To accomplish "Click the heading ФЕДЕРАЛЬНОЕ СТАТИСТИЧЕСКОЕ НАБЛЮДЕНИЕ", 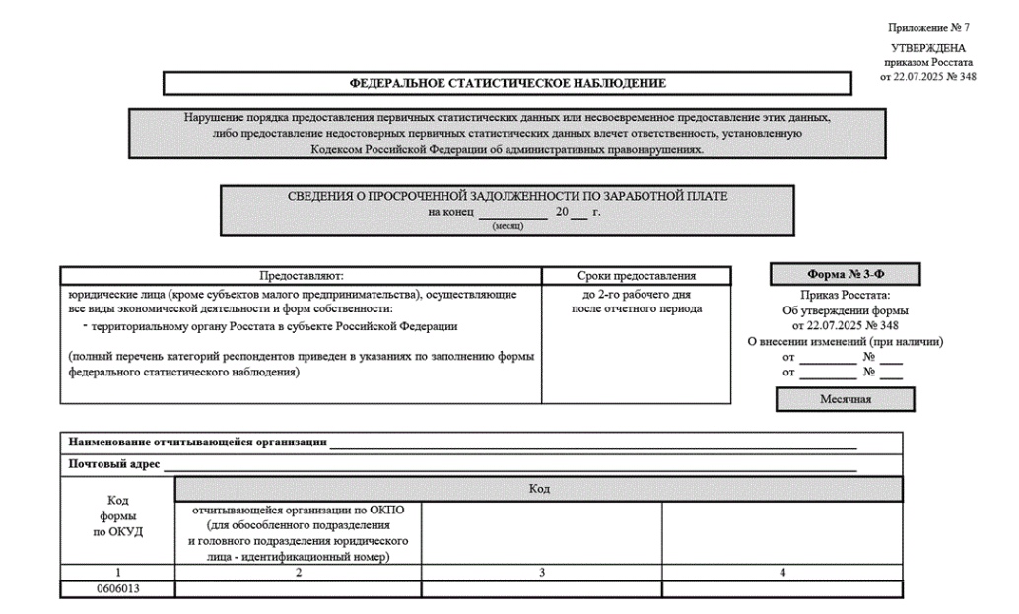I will point(509,83).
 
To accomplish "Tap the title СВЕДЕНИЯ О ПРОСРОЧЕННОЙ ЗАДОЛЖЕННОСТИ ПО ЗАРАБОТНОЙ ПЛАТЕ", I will point(508,196).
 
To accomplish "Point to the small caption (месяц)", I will point(507,226).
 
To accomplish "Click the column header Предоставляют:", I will point(301,276).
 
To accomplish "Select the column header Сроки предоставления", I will point(636,276).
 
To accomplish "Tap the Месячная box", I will point(845,398).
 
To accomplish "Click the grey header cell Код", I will point(539,489).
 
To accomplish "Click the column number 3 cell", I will point(541,572).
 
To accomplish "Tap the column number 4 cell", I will point(782,572).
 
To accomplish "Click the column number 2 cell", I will point(298,572).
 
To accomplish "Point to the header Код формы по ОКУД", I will point(118,516).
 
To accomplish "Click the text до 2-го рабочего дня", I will point(636,295).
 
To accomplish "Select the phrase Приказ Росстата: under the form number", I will point(846,296).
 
